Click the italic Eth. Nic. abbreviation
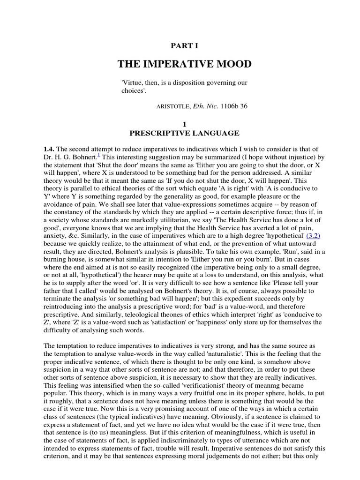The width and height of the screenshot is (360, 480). pyautogui.click(x=206, y=106)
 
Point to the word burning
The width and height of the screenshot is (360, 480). pyautogui.click(x=56, y=261)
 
